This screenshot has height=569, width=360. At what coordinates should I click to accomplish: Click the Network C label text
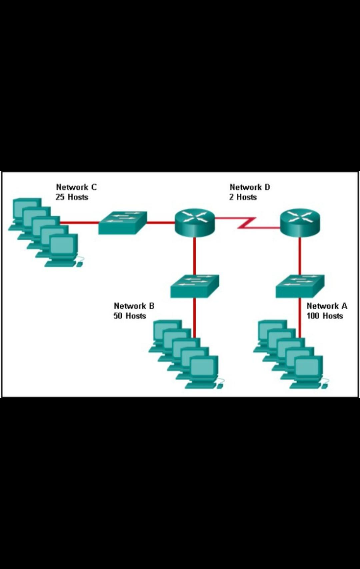(76, 187)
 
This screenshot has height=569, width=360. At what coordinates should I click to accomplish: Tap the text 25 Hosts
(72, 197)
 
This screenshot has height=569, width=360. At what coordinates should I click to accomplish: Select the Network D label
(250, 187)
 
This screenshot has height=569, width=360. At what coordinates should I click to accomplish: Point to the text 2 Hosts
(243, 197)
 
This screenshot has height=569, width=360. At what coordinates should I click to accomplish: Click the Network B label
(134, 306)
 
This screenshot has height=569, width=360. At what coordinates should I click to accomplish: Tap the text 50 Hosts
(130, 316)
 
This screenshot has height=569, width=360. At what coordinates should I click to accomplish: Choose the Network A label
(327, 306)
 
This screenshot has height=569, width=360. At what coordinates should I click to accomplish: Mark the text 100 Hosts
(325, 316)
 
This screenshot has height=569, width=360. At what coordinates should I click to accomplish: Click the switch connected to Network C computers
(122, 223)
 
